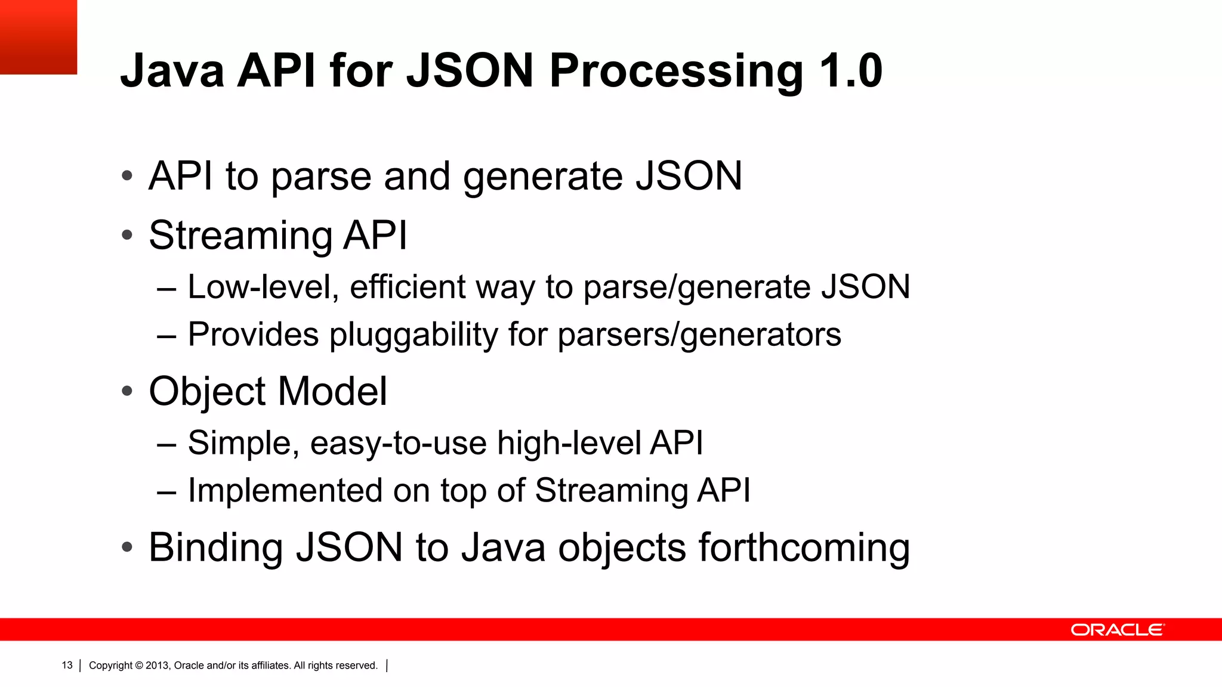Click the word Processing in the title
click(x=676, y=72)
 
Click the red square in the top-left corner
click(x=38, y=37)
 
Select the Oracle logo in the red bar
click(x=1117, y=630)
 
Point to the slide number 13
click(x=67, y=665)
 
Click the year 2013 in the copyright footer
click(x=158, y=665)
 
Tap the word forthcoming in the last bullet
click(x=804, y=547)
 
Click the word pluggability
click(x=413, y=335)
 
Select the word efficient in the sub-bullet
click(x=407, y=287)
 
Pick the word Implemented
click(x=285, y=490)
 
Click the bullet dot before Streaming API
click(x=126, y=235)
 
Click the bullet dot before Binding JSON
click(x=126, y=547)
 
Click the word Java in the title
click(x=172, y=72)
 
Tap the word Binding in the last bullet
click(x=215, y=547)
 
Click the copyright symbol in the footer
click(x=139, y=665)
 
